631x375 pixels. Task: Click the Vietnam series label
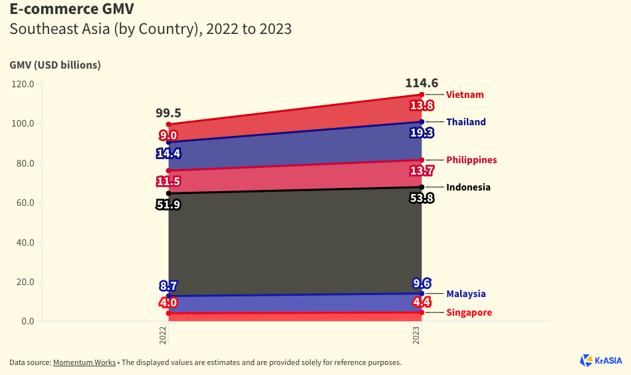click(x=465, y=95)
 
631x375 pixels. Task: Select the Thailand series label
click(x=465, y=122)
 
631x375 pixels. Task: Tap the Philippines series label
click(x=471, y=160)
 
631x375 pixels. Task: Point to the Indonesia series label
click(x=468, y=187)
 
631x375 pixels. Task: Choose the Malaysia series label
click(x=465, y=294)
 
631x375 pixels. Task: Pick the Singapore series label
click(x=469, y=312)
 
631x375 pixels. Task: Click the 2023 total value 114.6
click(x=422, y=83)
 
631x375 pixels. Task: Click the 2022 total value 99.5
click(x=168, y=113)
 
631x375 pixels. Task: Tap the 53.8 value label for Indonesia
click(x=422, y=198)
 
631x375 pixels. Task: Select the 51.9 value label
click(x=168, y=204)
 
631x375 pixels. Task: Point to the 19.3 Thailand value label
click(x=422, y=133)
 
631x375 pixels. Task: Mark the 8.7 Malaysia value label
click(x=168, y=286)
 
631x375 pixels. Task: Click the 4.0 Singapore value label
click(x=168, y=303)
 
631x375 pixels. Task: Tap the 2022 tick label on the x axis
click(x=164, y=335)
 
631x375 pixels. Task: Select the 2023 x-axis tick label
click(x=417, y=335)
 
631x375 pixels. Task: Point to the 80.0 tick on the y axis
click(x=23, y=163)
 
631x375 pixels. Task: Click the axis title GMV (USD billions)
click(x=55, y=65)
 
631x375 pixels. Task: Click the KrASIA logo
click(x=601, y=360)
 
